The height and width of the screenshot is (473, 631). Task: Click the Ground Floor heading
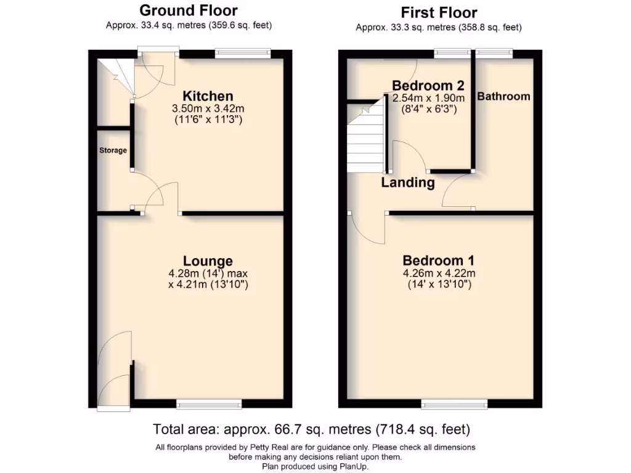(x=188, y=10)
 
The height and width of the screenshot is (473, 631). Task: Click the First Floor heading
(x=439, y=12)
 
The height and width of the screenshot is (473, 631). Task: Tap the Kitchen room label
(x=208, y=96)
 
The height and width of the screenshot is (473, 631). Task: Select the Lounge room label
(x=208, y=261)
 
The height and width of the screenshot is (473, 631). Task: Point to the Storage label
(x=113, y=150)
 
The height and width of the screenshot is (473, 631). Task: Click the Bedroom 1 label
(x=438, y=261)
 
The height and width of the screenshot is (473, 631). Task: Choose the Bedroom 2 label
(x=428, y=85)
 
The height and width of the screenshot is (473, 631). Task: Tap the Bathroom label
(x=503, y=97)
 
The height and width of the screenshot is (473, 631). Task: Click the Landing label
(x=407, y=183)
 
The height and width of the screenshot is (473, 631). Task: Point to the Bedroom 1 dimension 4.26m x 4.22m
(x=439, y=273)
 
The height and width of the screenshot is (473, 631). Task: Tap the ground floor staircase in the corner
(x=117, y=76)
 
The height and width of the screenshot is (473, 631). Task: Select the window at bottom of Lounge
(x=209, y=404)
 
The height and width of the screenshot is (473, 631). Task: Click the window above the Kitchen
(x=243, y=54)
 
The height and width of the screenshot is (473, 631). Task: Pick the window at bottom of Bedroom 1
(x=455, y=404)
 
